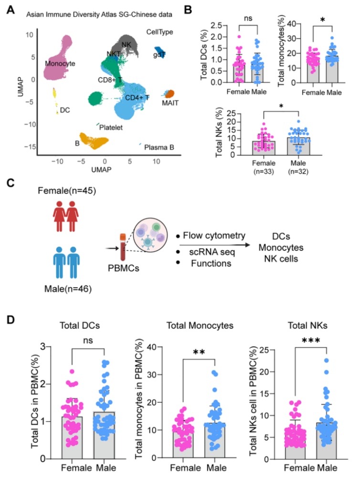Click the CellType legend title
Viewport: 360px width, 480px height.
[160, 32]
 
